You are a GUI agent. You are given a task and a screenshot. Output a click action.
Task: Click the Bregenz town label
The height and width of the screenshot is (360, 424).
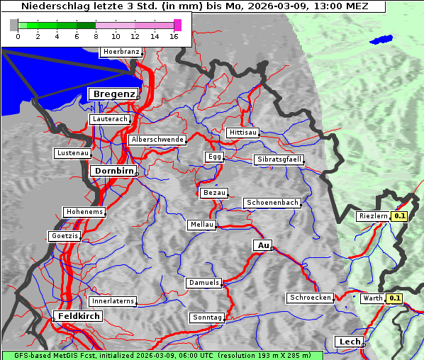click(112, 94)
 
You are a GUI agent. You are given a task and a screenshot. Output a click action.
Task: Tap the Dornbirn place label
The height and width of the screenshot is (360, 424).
click(112, 171)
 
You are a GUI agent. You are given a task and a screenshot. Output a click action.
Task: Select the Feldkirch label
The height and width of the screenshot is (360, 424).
click(78, 316)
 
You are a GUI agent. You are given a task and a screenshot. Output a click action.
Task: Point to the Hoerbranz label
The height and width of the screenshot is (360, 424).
click(121, 52)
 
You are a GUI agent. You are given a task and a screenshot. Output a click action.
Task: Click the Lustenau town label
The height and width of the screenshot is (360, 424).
click(73, 153)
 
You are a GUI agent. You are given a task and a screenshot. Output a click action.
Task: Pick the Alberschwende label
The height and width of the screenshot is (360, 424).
click(157, 140)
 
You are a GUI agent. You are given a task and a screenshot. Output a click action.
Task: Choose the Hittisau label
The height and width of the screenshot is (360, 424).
click(243, 133)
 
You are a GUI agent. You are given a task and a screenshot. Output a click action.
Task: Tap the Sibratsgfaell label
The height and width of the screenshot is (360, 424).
click(279, 159)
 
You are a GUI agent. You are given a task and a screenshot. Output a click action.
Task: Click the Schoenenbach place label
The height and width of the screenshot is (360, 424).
click(272, 203)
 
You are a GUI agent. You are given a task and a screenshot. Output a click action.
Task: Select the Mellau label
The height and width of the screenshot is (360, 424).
click(201, 225)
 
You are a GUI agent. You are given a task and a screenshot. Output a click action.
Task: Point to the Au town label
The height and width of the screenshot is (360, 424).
click(262, 245)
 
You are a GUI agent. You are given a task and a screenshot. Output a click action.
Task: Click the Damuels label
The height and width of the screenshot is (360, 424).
click(204, 283)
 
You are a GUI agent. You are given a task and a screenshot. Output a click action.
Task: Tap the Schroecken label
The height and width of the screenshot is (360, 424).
click(310, 298)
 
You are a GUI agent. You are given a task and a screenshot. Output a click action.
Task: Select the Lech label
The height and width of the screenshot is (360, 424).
click(350, 342)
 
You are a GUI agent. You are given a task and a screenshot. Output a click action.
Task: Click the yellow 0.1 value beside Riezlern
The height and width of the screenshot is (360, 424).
click(400, 216)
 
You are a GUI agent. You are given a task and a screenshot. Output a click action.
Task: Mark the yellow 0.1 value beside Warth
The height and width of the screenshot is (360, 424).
click(394, 299)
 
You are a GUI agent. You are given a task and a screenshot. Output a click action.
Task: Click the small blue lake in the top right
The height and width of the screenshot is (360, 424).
click(381, 40)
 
